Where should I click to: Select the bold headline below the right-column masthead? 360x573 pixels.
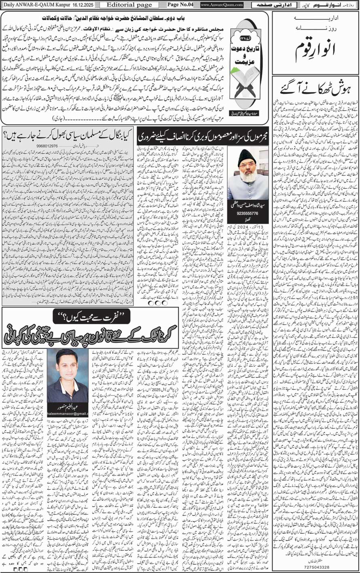tap(315, 87)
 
